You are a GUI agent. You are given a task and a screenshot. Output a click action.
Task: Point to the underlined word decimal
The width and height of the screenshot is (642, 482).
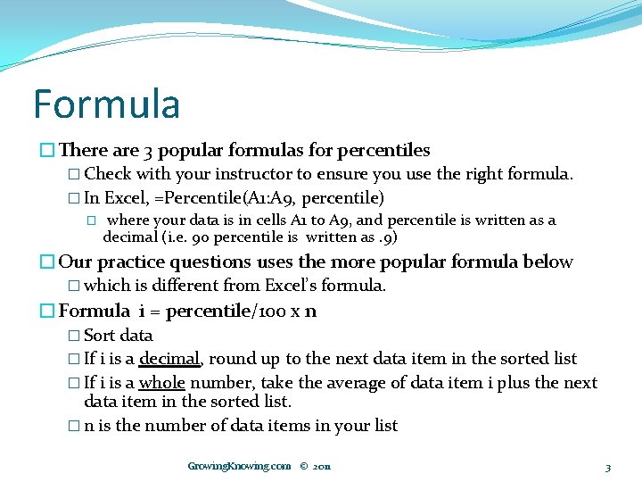coord(169,359)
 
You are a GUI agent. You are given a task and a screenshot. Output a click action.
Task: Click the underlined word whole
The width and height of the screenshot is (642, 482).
coord(161,382)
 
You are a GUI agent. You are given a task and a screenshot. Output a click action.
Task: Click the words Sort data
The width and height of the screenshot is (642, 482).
coord(118,336)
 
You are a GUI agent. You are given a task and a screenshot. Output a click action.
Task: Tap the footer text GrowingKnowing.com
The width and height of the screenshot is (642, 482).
coord(239,466)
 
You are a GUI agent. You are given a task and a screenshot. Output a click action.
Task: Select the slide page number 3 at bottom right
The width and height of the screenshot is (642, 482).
coord(607,467)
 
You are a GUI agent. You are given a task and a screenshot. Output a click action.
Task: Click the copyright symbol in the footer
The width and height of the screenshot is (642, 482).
coord(304,466)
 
